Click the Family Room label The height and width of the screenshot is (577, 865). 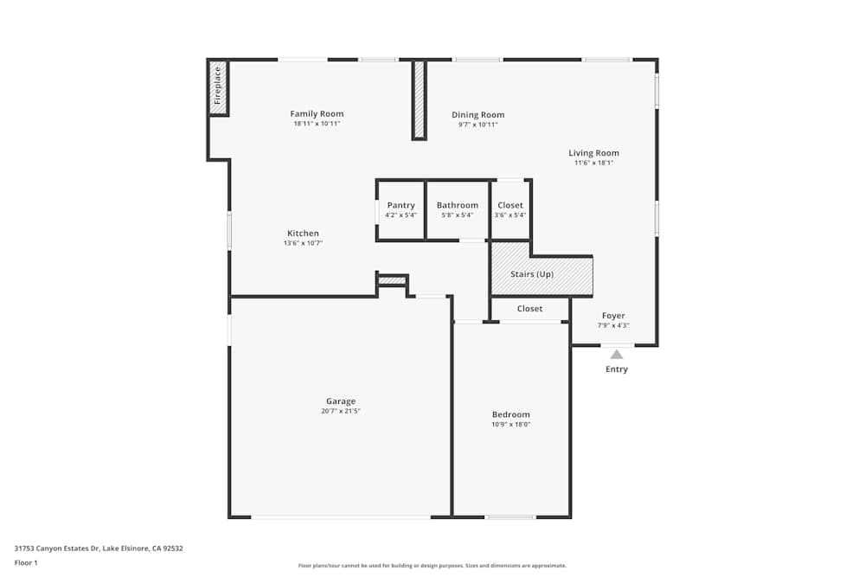coord(317,114)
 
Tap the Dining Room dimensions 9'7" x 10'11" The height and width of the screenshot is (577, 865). coord(477,125)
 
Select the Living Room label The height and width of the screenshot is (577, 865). coord(593,153)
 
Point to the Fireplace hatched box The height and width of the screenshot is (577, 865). coord(218,87)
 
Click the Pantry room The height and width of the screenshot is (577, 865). coord(400,210)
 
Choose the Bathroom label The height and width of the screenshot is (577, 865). coord(457,206)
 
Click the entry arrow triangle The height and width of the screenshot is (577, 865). coord(616,354)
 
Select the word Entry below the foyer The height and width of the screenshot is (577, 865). coord(616,369)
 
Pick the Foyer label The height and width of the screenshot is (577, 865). coord(613,316)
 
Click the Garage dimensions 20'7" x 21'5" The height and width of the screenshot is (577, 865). coord(340,411)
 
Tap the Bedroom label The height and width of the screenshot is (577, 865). coord(510,414)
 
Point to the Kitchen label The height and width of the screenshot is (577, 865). coord(303,234)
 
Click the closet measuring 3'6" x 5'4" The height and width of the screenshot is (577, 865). coord(510,210)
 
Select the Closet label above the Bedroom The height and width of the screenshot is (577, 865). coord(529,309)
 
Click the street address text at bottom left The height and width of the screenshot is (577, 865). coord(99,548)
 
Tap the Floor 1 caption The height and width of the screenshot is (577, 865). coord(26,562)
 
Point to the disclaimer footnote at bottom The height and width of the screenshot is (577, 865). coord(432,566)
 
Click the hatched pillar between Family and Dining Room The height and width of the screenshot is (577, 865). coord(419,99)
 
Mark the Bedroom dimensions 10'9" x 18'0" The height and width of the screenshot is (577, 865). coord(510,425)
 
